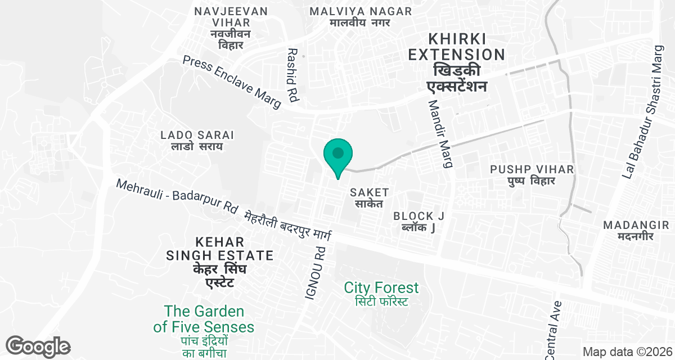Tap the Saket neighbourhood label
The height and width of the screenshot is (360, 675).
pyautogui.click(x=370, y=197)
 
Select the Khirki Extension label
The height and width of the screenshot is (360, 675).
pyautogui.click(x=456, y=62)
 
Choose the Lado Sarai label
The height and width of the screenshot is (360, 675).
pyautogui.click(x=197, y=141)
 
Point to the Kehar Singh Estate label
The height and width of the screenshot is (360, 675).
pyautogui.click(x=219, y=262)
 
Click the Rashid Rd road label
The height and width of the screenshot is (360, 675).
pyautogui.click(x=292, y=75)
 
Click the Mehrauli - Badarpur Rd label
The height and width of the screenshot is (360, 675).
pyautogui.click(x=177, y=196)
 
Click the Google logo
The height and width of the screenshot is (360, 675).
pyautogui.click(x=38, y=346)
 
